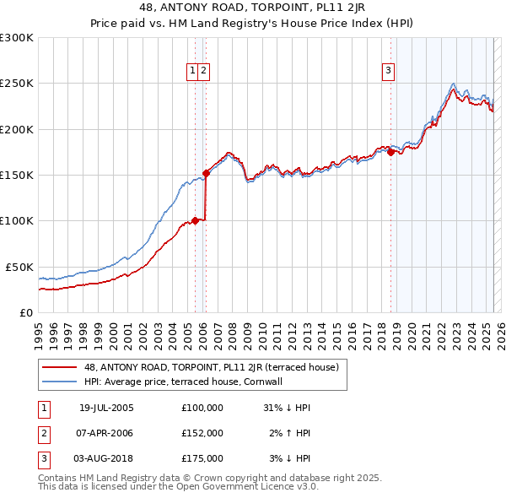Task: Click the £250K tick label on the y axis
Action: coord(16,84)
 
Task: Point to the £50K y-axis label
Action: coord(19,267)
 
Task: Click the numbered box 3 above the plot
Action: coord(389,71)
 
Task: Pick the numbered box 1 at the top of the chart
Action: coord(193,71)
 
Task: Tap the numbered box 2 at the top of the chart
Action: coord(204,71)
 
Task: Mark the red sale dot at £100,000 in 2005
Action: coord(196,220)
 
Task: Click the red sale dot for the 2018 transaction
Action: coord(390,152)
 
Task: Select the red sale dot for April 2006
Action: coord(206,173)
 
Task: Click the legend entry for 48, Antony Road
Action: coord(211,367)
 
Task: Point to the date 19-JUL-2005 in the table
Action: coord(106,408)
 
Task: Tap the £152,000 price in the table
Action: coord(202,433)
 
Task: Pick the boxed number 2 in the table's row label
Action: coord(43,433)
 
